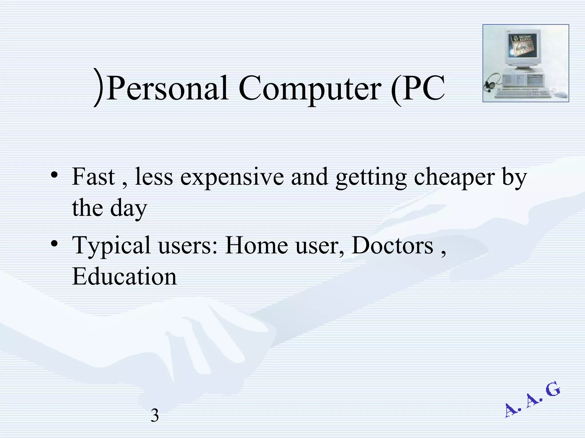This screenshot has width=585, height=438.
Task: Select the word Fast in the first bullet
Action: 93,177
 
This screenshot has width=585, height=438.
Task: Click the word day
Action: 129,208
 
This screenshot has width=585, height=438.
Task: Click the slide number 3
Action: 155,415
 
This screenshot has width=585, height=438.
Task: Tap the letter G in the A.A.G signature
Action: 552,390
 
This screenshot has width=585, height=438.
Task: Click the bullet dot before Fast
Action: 54,175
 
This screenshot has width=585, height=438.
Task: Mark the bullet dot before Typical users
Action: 54,243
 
